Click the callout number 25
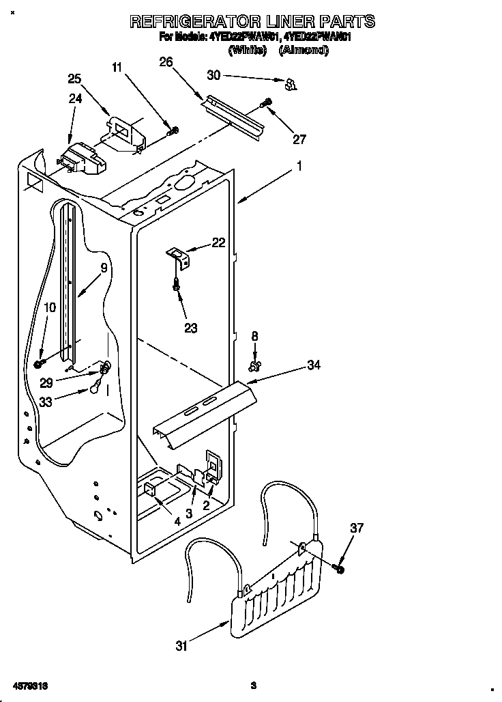pyautogui.click(x=74, y=79)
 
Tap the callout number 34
pyautogui.click(x=314, y=366)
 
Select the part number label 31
pyautogui.click(x=181, y=646)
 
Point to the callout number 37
pyautogui.click(x=357, y=528)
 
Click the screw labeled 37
pyautogui.click(x=339, y=567)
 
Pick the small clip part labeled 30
pyautogui.click(x=291, y=84)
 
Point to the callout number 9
pyautogui.click(x=104, y=268)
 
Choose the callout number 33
pyautogui.click(x=46, y=402)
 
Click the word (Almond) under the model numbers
pyautogui.click(x=304, y=50)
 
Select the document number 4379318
pyautogui.click(x=28, y=684)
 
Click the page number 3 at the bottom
pyautogui.click(x=252, y=685)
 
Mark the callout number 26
pyautogui.click(x=166, y=62)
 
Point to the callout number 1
pyautogui.click(x=299, y=165)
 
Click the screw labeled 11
pyautogui.click(x=174, y=130)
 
